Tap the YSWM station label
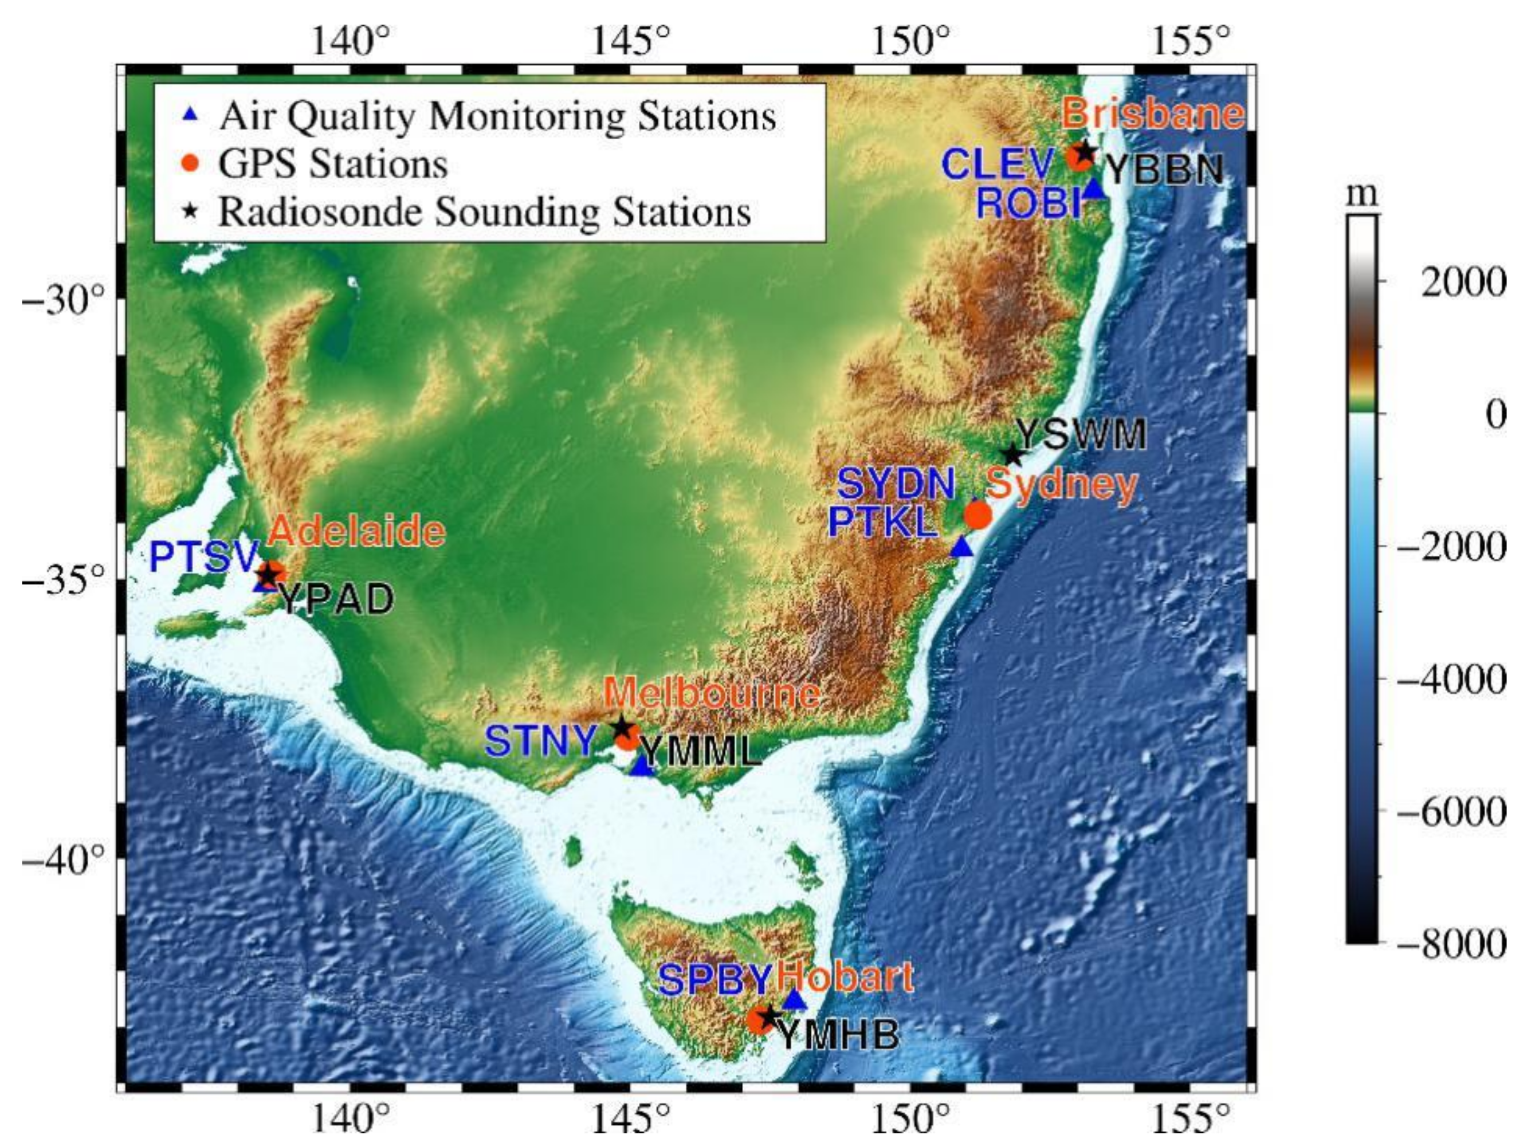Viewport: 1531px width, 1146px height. pyautogui.click(x=1081, y=434)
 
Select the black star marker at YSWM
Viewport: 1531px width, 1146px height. pyautogui.click(x=1012, y=454)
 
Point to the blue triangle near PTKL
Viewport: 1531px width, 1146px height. pyautogui.click(x=962, y=547)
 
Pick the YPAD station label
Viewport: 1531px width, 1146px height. pyautogui.click(x=336, y=599)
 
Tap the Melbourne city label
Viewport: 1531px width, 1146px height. pyautogui.click(x=712, y=693)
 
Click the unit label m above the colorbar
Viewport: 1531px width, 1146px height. pyautogui.click(x=1361, y=196)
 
